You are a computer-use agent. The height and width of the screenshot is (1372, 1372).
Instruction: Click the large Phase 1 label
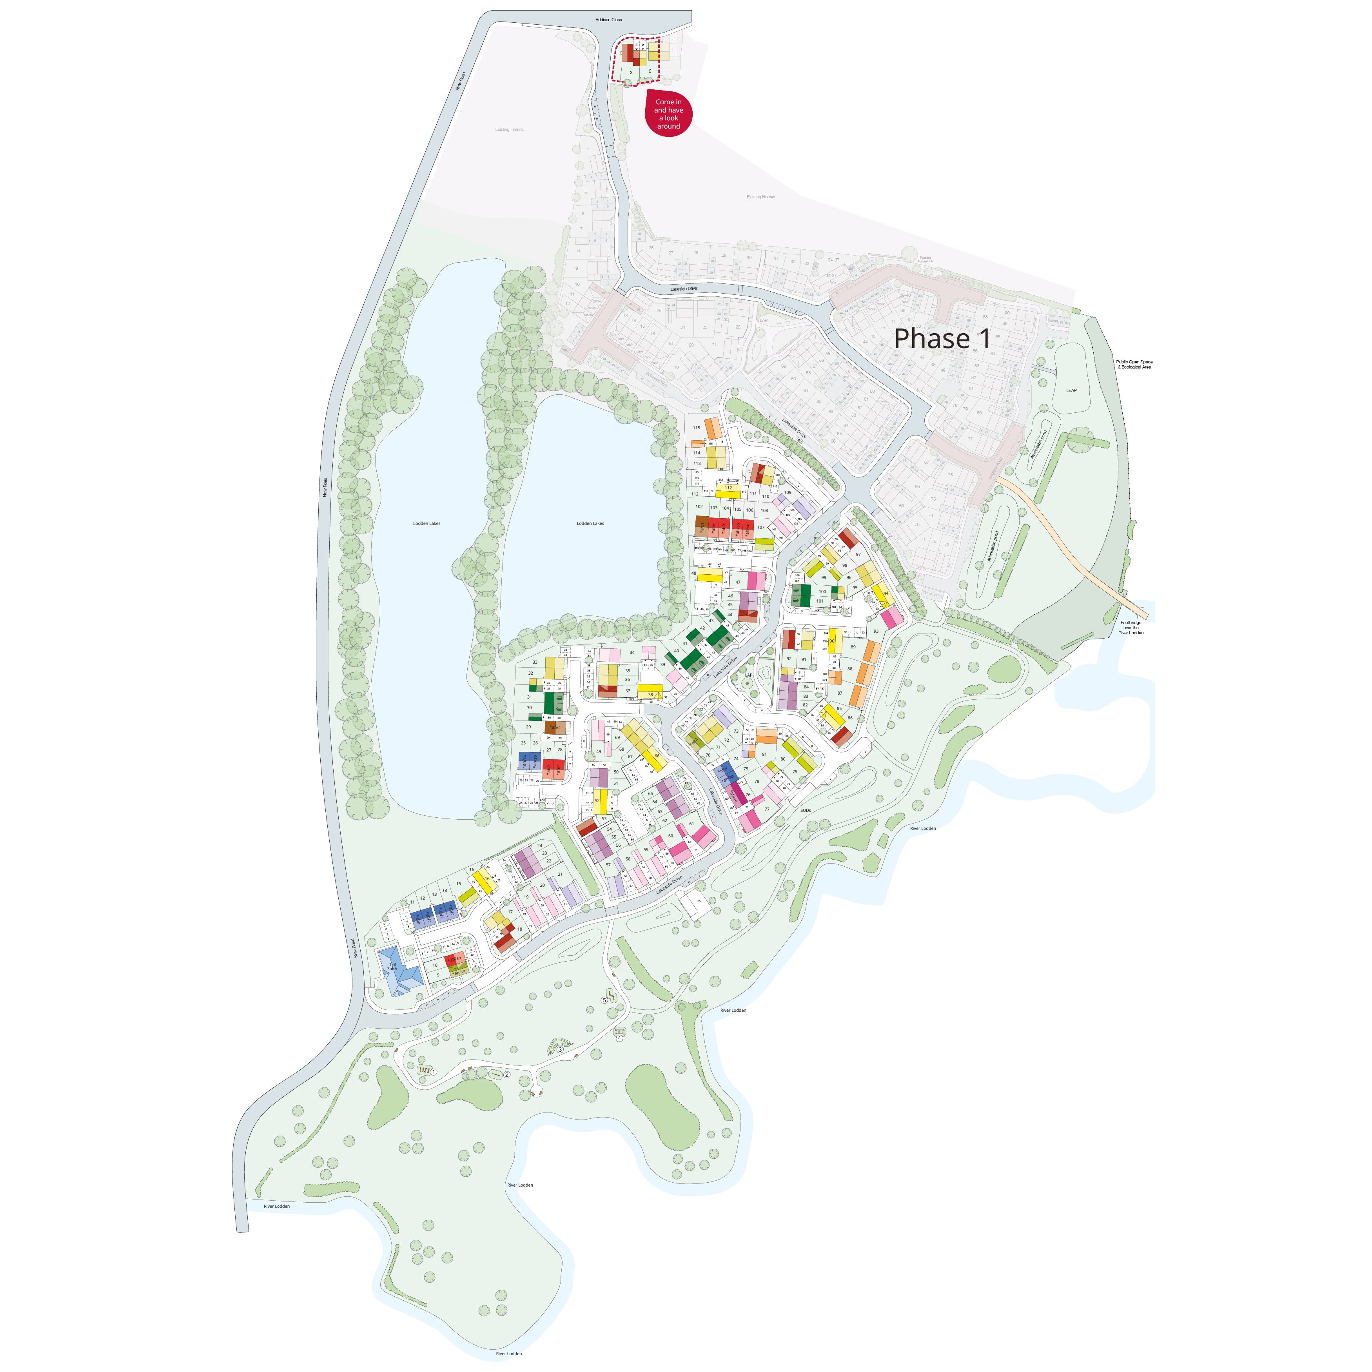942,339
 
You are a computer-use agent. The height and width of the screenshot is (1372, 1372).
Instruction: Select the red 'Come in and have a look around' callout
668,114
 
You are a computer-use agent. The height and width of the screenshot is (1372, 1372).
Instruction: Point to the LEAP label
1071,390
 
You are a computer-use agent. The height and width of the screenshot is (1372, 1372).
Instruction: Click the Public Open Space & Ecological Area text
1134,364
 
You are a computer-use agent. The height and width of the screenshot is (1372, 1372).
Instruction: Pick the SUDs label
805,810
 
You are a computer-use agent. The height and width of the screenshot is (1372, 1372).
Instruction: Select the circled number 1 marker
435,1071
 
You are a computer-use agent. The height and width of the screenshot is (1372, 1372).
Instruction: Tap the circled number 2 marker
507,1074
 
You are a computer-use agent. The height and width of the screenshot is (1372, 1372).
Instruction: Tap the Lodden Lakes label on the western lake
427,523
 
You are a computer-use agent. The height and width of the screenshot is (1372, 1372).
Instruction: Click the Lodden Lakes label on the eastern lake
590,523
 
